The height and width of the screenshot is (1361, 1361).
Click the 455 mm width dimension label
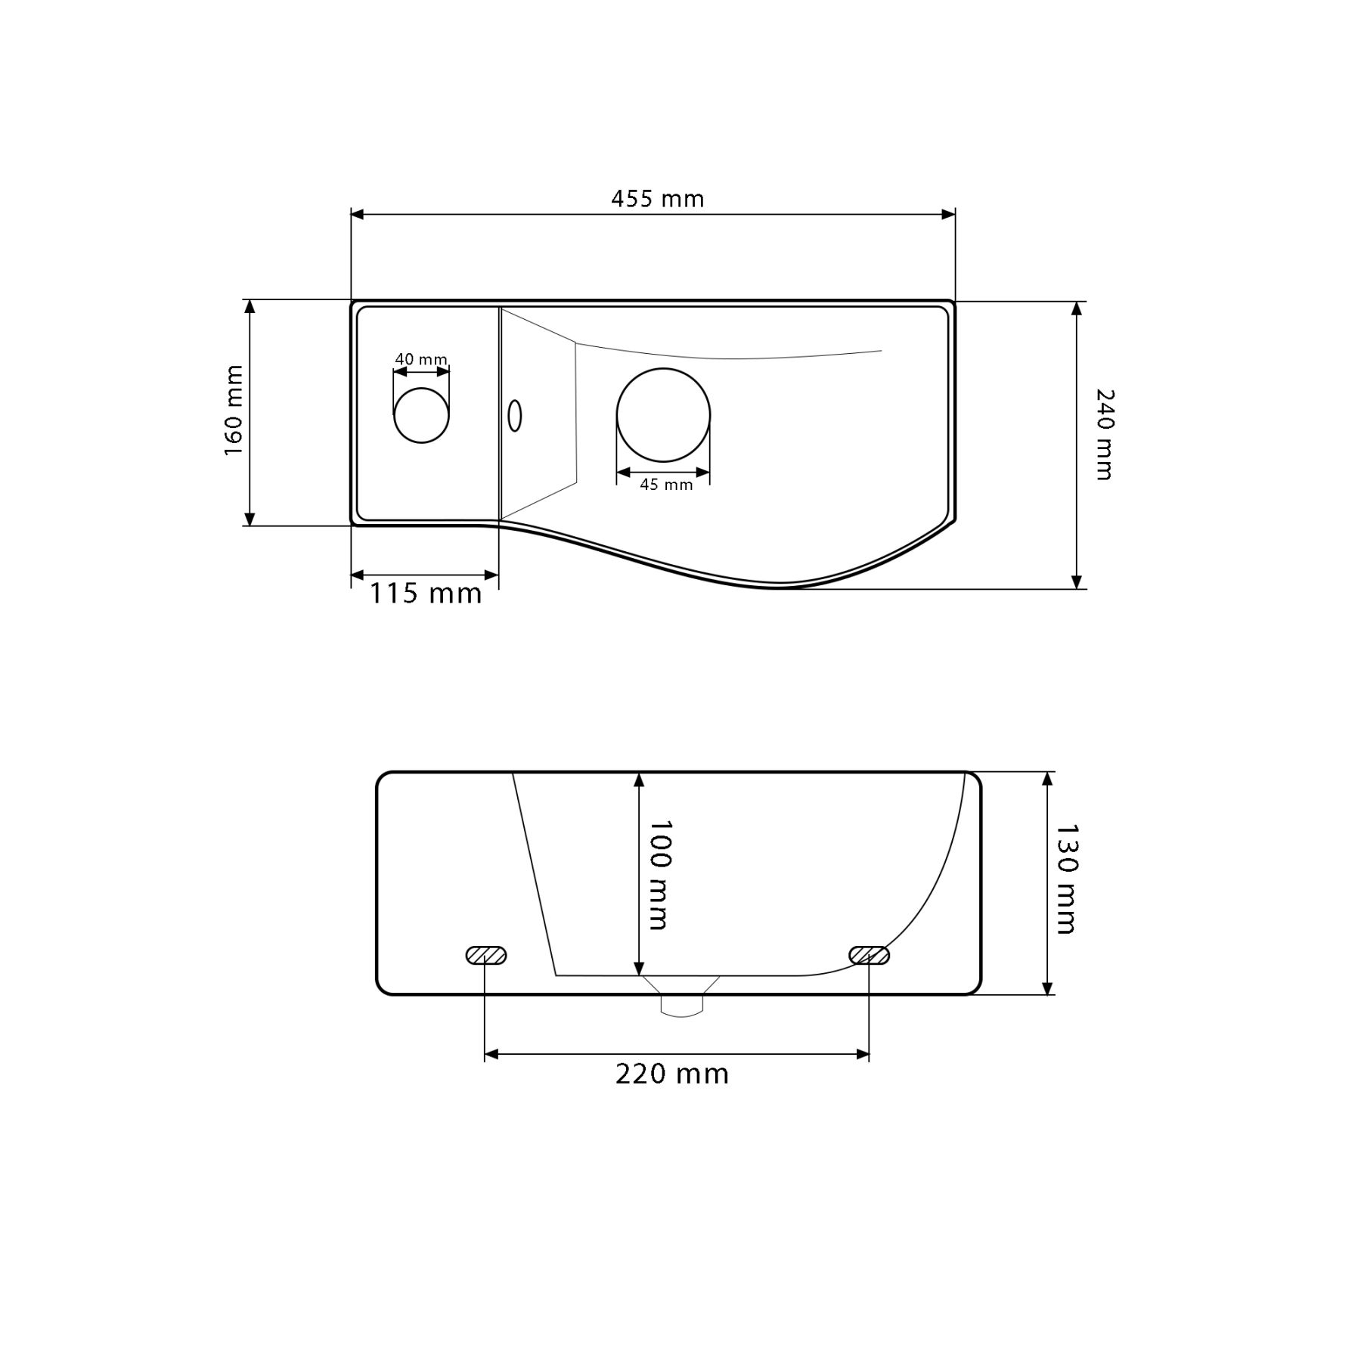(657, 199)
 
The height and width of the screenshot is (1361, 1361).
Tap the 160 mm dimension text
(234, 411)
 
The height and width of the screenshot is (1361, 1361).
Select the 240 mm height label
(1105, 435)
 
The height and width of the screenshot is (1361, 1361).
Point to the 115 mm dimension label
(426, 594)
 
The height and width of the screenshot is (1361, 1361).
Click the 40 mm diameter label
(421, 359)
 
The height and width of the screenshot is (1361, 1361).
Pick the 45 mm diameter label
(666, 485)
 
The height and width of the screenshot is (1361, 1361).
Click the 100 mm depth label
(659, 875)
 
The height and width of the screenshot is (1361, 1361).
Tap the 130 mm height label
(1065, 879)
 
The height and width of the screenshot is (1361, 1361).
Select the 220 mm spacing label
(672, 1074)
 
